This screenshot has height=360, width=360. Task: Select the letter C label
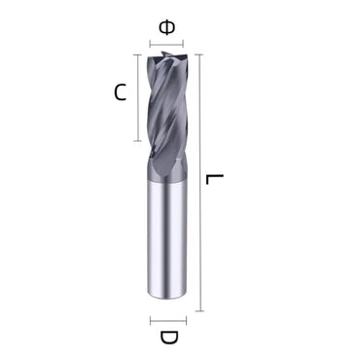point(120,93)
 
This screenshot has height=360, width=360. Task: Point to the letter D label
point(167,338)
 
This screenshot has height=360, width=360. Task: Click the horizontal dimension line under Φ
point(167,44)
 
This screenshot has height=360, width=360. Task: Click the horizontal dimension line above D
point(167,319)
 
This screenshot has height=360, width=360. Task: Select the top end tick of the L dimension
point(199,55)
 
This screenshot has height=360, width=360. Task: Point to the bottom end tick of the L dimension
point(199,310)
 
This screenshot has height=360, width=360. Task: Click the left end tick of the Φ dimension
point(150,44)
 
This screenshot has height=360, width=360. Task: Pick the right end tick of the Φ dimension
point(185,44)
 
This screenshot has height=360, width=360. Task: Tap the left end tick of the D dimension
point(150,319)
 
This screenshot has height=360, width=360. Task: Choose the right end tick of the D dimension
point(185,319)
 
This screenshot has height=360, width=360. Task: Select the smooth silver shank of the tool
point(167,243)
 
